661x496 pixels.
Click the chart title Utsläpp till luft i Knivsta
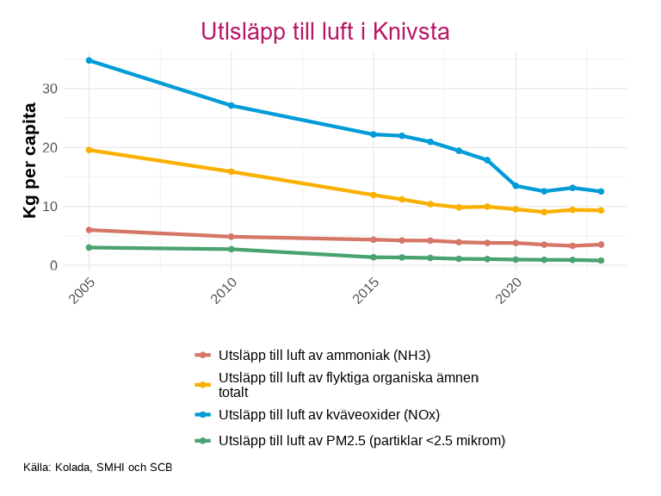click(x=325, y=32)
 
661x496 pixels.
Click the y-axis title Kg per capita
click(x=30, y=160)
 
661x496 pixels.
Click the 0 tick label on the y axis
click(x=53, y=265)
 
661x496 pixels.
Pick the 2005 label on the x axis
click(x=77, y=291)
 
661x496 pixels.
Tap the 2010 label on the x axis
click(x=219, y=291)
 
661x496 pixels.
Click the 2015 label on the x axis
click(x=361, y=291)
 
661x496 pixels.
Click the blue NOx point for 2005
click(x=90, y=60)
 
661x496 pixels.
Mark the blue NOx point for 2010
click(x=232, y=105)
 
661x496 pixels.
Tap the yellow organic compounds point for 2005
click(x=90, y=150)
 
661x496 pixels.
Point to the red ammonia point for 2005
click(x=90, y=230)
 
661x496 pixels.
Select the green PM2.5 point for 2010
click(x=232, y=249)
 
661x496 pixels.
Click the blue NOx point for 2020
click(x=516, y=186)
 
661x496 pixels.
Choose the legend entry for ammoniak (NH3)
click(x=324, y=355)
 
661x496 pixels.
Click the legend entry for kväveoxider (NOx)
click(x=329, y=414)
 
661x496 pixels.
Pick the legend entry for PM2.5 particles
click(x=361, y=440)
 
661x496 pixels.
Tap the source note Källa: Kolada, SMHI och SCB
click(x=98, y=468)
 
